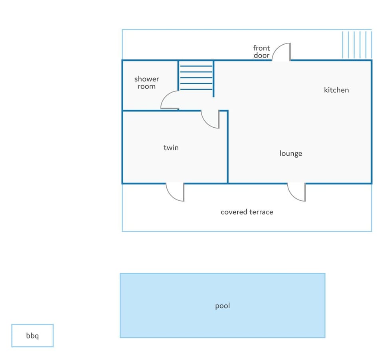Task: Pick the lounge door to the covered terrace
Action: pyautogui.click(x=292, y=196)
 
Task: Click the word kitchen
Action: pyautogui.click(x=336, y=90)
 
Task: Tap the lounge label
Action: pyautogui.click(x=291, y=154)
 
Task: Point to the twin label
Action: pyautogui.click(x=171, y=148)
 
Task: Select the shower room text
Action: pyautogui.click(x=146, y=83)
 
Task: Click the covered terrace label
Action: pyautogui.click(x=247, y=212)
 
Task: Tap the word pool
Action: pyautogui.click(x=223, y=306)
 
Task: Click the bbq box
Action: pyautogui.click(x=32, y=336)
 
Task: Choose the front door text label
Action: pyautogui.click(x=261, y=51)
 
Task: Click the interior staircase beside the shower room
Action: pyautogui.click(x=196, y=78)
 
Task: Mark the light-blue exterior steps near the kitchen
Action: pyautogui.click(x=357, y=45)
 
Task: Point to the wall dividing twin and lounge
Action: pyautogui.click(x=228, y=146)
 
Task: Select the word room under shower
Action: pyautogui.click(x=146, y=87)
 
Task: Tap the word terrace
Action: pyautogui.click(x=261, y=212)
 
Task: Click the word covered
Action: pyautogui.click(x=234, y=212)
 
